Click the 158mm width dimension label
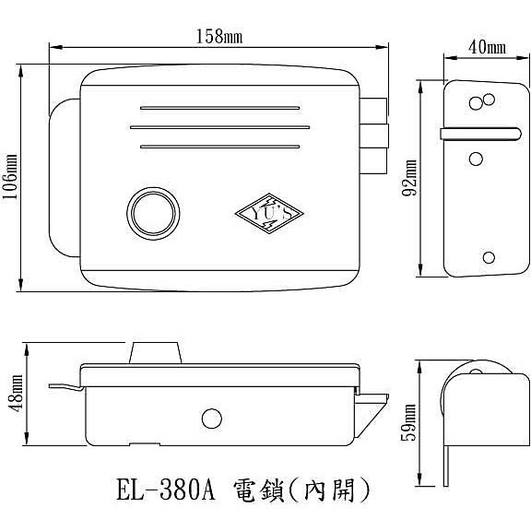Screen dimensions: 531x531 pyautogui.click(x=218, y=36)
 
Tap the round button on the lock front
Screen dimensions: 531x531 pyautogui.click(x=150, y=210)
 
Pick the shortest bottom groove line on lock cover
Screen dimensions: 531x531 pyautogui.click(x=219, y=147)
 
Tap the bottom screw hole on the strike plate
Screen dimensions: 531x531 pyautogui.click(x=489, y=257)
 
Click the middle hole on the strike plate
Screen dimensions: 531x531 pyautogui.click(x=476, y=159)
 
